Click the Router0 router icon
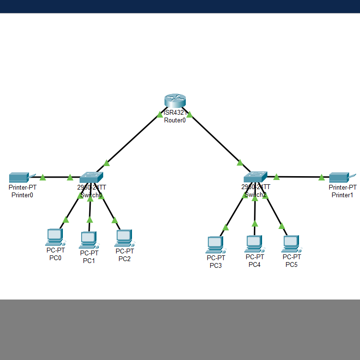click(x=174, y=101)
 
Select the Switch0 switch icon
click(x=91, y=177)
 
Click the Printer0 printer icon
click(x=20, y=177)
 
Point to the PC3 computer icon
click(x=215, y=244)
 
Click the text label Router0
click(x=175, y=120)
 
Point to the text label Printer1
click(x=342, y=195)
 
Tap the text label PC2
click(x=124, y=259)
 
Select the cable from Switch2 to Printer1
click(x=298, y=177)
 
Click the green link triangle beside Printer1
click(x=322, y=178)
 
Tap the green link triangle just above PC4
click(x=255, y=223)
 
